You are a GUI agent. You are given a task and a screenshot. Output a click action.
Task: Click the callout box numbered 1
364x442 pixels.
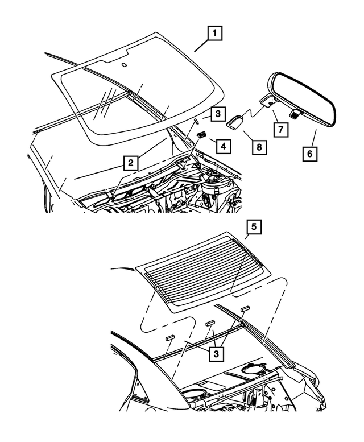[x=214, y=35]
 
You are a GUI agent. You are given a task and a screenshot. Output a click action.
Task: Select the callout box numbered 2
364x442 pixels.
[x=131, y=163]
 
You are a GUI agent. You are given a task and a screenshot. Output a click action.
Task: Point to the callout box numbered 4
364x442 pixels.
[x=223, y=146]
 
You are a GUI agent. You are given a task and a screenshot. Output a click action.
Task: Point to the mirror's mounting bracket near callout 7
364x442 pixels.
[x=267, y=101]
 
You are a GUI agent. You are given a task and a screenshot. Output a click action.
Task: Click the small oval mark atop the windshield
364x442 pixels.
[x=124, y=64]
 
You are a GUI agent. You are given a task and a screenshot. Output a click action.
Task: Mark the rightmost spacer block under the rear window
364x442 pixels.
[x=245, y=308]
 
